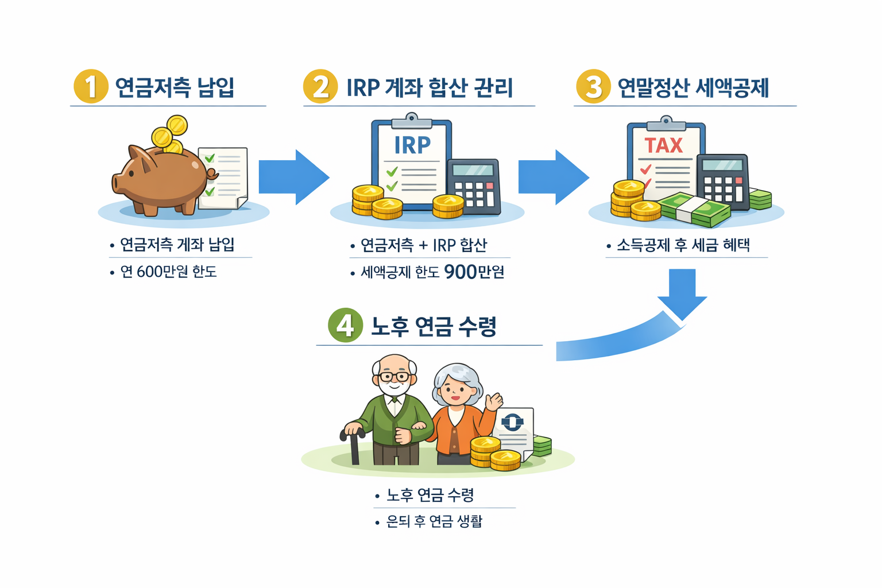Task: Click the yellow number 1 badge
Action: (91, 86)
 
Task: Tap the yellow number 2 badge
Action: (320, 86)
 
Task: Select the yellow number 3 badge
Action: (593, 86)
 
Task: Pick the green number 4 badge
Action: (345, 325)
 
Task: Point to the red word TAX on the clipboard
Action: (663, 145)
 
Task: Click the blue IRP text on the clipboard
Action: (412, 145)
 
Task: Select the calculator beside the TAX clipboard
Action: (723, 181)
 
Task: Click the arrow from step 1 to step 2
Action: (293, 177)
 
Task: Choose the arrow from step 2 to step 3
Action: (552, 177)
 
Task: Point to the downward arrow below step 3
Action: (682, 293)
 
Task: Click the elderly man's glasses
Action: (394, 377)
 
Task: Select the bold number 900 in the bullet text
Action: (461, 272)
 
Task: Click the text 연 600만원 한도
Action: (168, 272)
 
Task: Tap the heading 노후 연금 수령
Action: (434, 326)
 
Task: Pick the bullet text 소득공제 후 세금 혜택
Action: (683, 245)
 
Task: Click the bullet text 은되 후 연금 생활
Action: (434, 521)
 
